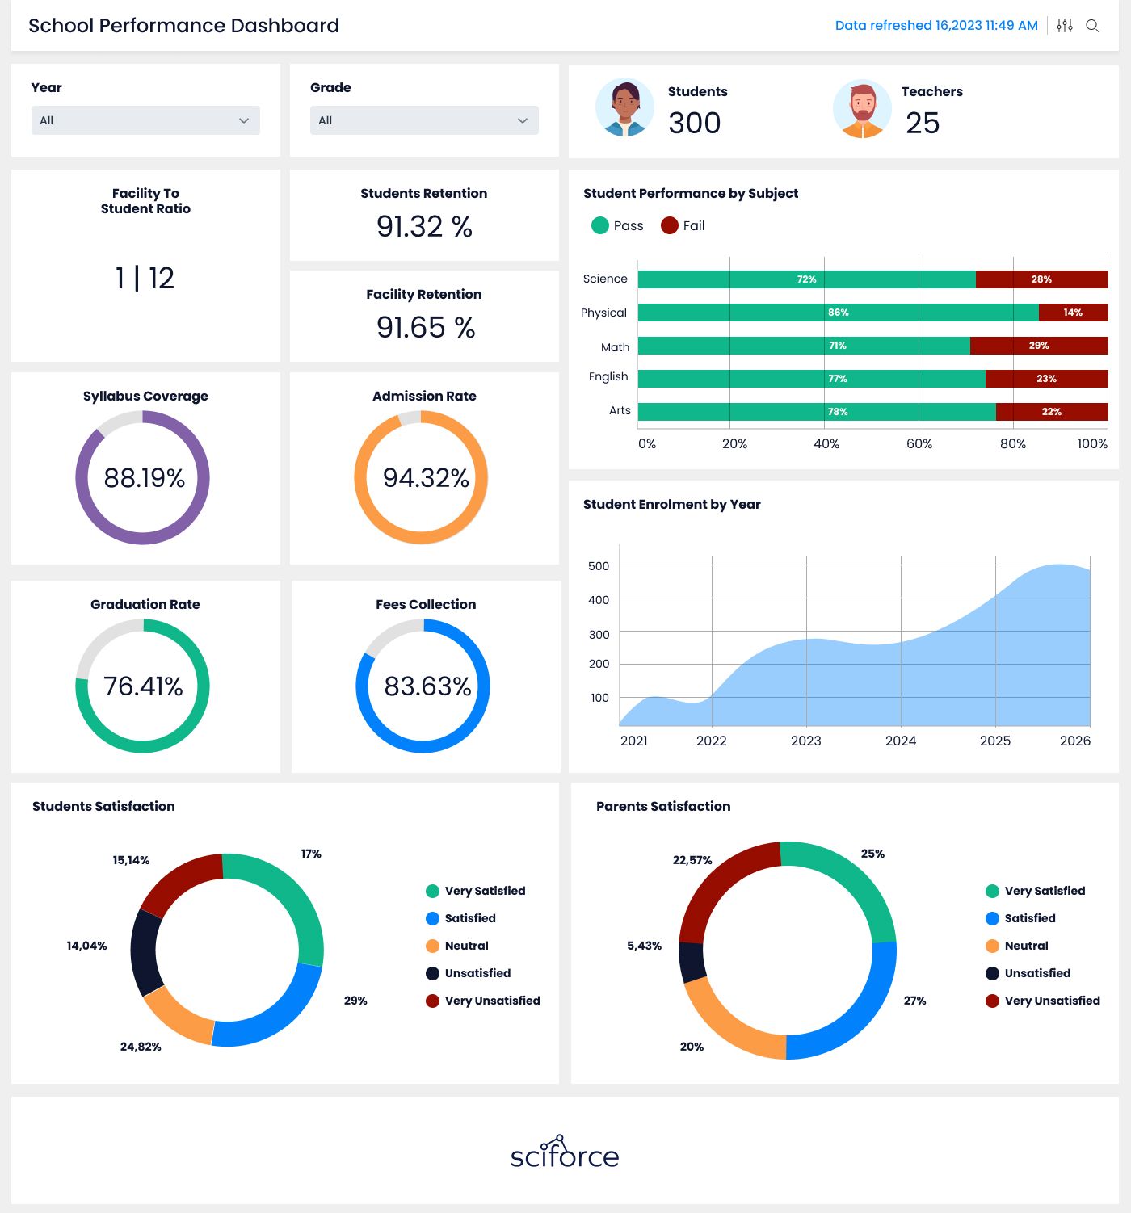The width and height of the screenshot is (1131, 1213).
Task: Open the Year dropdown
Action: coord(145,120)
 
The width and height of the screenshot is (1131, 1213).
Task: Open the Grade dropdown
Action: coord(424,120)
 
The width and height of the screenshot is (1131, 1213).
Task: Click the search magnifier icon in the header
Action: coord(1092,26)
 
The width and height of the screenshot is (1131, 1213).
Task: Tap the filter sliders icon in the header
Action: coord(1065,26)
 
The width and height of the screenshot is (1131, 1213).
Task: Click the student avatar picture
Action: coord(624,107)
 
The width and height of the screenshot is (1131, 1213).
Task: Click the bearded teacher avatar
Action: coord(862,109)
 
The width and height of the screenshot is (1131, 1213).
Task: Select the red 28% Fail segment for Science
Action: coord(1041,279)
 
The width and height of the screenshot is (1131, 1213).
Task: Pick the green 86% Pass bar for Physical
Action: coord(838,312)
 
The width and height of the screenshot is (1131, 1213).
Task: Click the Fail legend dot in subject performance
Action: coord(669,225)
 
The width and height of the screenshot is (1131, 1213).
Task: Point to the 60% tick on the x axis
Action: coord(919,444)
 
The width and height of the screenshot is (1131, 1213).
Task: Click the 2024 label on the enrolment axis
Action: coord(901,741)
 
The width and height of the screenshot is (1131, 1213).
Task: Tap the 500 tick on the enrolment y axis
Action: coord(598,566)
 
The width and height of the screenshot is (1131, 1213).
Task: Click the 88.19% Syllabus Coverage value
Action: coord(144,477)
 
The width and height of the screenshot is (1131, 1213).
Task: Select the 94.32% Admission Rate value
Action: coord(426,477)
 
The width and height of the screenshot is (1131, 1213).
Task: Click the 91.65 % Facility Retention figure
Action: coord(425,327)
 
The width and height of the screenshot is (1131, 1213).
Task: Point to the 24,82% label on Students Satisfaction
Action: coord(141,1047)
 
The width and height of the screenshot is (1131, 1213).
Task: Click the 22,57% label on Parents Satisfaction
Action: coord(692,860)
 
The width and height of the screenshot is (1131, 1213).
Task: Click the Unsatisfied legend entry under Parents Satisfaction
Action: coord(1028,973)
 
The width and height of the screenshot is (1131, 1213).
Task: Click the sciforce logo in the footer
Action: coord(565,1152)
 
